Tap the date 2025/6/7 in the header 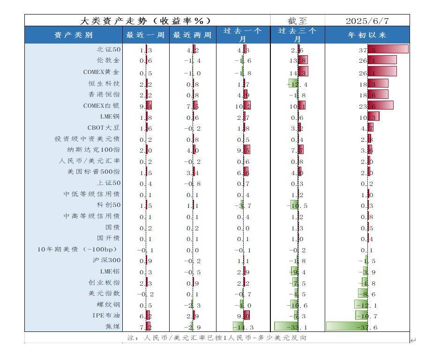(367, 21)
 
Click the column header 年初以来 (367, 35)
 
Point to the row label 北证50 (109, 49)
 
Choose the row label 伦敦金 (108, 60)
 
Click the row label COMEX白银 (102, 106)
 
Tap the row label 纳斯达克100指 (94, 150)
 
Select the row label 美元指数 (104, 294)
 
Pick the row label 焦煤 (112, 327)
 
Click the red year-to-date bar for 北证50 (391, 49)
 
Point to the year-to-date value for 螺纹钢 (368, 305)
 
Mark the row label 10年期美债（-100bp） (77, 249)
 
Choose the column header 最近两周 (192, 35)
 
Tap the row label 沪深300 (106, 260)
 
